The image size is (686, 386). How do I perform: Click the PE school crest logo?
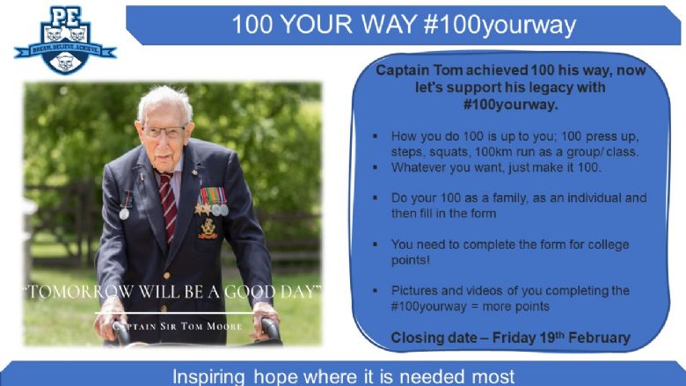pyautogui.click(x=65, y=40)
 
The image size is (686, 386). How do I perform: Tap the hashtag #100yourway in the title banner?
pyautogui.click(x=500, y=25)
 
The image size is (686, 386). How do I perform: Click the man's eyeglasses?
pyautogui.click(x=164, y=132)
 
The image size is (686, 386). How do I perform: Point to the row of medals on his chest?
pyautogui.click(x=212, y=202)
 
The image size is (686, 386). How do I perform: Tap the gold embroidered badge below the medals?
pyautogui.click(x=208, y=229)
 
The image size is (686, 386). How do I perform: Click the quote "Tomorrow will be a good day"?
pyautogui.click(x=172, y=292)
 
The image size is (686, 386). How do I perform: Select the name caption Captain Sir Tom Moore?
pyautogui.click(x=177, y=326)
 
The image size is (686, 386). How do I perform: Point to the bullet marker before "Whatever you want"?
pyautogui.click(x=375, y=167)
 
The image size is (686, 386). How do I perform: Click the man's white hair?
pyautogui.click(x=164, y=100)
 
